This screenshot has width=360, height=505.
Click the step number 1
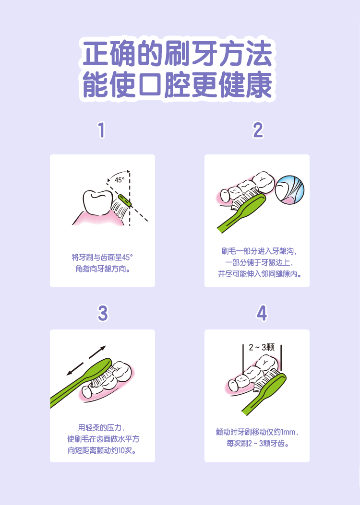tap(102, 130)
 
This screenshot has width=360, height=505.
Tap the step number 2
tap(258, 130)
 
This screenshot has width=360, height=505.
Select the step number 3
tap(103, 313)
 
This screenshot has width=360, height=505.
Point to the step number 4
tap(262, 313)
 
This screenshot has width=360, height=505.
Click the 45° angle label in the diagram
tap(120, 180)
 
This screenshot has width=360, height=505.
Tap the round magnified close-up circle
tap(290, 190)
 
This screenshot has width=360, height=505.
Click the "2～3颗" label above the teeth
tap(262, 347)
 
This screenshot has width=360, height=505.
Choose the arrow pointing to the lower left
tap(75, 369)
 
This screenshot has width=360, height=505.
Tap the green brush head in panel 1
tap(125, 200)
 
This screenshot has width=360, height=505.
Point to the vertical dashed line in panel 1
tap(130, 198)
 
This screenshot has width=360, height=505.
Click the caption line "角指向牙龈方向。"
tap(103, 269)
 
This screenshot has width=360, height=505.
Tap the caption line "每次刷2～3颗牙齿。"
tap(257, 444)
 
